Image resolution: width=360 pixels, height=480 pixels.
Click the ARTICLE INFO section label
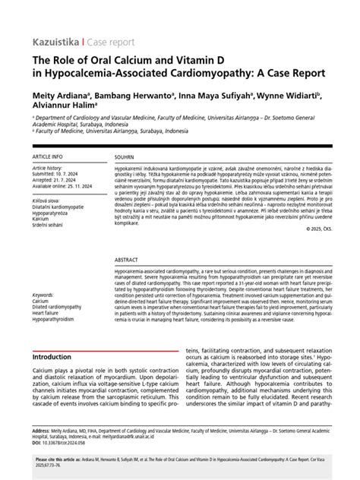[x=48, y=156]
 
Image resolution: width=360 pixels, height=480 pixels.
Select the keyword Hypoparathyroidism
[x=58, y=319]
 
